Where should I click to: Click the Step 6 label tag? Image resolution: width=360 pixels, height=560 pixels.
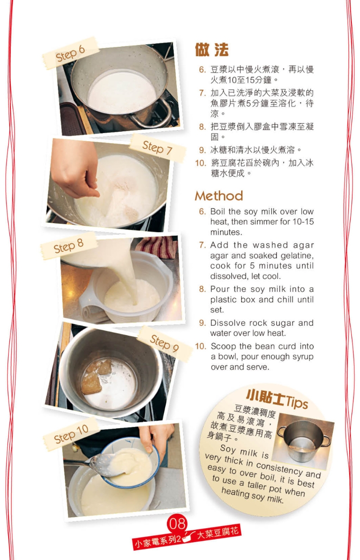pyautogui.click(x=71, y=54)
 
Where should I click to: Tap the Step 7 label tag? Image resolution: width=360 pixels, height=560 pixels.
pyautogui.click(x=157, y=148)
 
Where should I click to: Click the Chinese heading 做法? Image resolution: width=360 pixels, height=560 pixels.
pyautogui.click(x=212, y=50)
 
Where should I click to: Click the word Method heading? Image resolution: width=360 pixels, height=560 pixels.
pyautogui.click(x=219, y=196)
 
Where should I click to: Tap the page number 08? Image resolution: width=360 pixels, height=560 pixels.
pyautogui.click(x=177, y=524)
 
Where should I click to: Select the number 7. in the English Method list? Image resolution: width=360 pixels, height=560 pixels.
pyautogui.click(x=202, y=245)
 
